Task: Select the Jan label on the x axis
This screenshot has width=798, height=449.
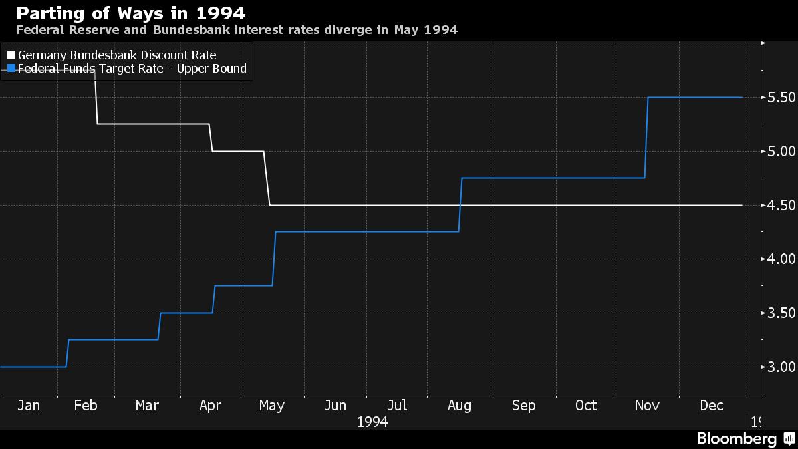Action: (29, 406)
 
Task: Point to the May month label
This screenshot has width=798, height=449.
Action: (272, 406)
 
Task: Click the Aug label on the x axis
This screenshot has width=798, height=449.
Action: (460, 406)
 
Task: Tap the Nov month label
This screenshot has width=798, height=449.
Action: (647, 406)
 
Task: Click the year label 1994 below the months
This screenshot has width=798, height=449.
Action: (372, 422)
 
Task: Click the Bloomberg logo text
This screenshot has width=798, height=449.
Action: (736, 439)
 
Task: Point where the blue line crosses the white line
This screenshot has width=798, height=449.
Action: (460, 206)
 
